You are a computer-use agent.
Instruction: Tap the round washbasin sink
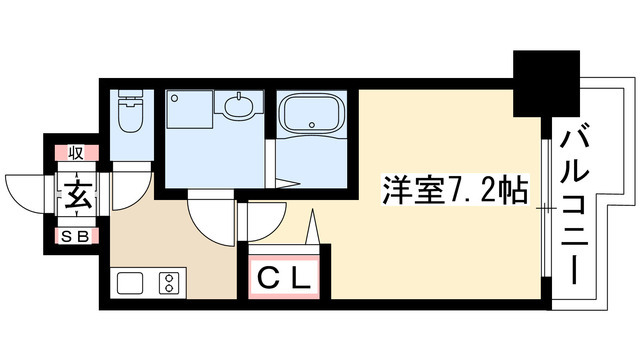pyautogui.click(x=240, y=106)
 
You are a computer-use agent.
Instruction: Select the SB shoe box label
pyautogui.click(x=76, y=237)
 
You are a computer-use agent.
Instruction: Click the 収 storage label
pyautogui.click(x=76, y=153)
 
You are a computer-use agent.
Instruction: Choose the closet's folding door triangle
pyautogui.click(x=314, y=227)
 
